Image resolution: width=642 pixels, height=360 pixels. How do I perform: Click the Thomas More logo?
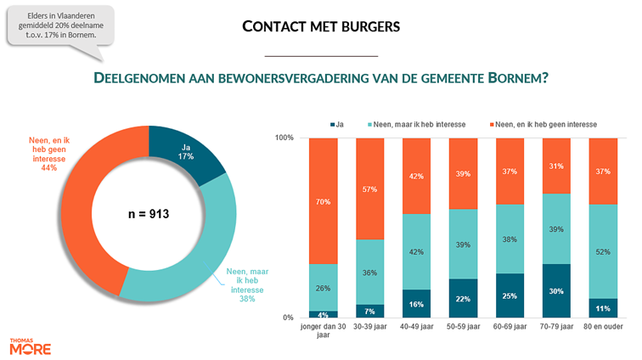click(x=30, y=346)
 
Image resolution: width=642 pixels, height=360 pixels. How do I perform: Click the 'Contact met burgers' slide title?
click(x=320, y=26)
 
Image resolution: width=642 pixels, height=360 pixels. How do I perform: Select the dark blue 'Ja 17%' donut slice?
click(x=188, y=155)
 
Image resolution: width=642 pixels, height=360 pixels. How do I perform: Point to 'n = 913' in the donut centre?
click(x=149, y=214)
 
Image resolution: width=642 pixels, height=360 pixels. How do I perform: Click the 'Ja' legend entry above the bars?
click(x=337, y=124)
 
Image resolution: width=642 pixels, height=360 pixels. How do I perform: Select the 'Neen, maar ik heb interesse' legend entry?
click(x=415, y=124)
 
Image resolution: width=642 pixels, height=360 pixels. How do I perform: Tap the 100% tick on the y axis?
click(x=284, y=138)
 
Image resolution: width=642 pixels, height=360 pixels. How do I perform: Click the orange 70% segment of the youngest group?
click(x=323, y=201)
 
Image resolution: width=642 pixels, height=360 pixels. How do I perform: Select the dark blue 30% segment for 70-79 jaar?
click(x=556, y=290)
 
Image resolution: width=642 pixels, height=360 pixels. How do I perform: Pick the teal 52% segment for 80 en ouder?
click(x=603, y=251)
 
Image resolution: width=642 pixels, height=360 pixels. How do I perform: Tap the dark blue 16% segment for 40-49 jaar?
click(x=416, y=303)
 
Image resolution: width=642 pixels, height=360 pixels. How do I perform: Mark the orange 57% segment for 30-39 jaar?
click(x=369, y=188)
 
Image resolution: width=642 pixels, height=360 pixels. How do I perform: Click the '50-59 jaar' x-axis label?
click(x=463, y=326)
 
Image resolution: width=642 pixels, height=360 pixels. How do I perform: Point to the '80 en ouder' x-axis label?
click(x=603, y=326)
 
